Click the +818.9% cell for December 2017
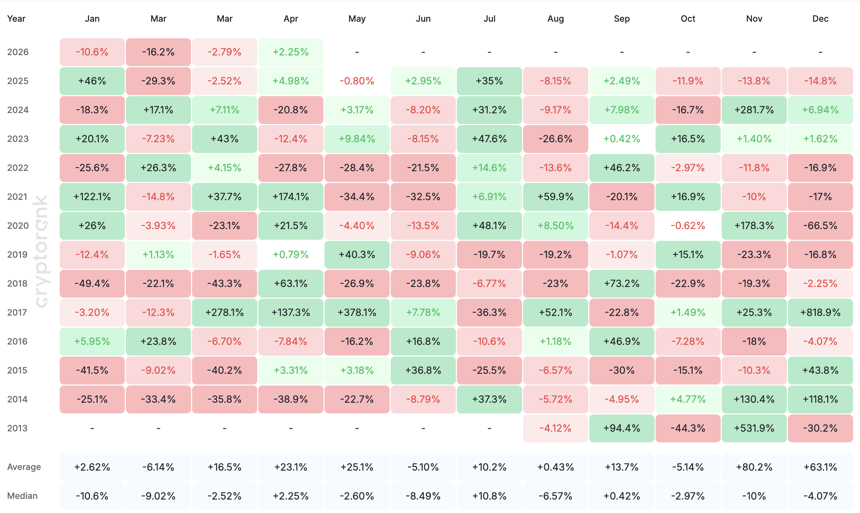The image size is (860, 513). pyautogui.click(x=820, y=312)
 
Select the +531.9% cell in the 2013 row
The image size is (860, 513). pyautogui.click(x=754, y=428)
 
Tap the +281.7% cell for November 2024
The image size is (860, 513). pyautogui.click(x=754, y=110)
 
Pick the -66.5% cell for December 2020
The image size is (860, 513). pyautogui.click(x=820, y=226)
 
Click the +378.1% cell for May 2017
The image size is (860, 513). pyautogui.click(x=357, y=312)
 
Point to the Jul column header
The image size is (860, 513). pyautogui.click(x=489, y=19)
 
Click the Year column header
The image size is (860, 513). pyautogui.click(x=16, y=19)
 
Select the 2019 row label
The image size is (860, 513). pyautogui.click(x=17, y=255)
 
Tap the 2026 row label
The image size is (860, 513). pyautogui.click(x=18, y=52)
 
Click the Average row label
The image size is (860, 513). pyautogui.click(x=24, y=467)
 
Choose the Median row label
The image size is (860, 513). pyautogui.click(x=22, y=496)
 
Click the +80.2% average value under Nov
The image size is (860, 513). pyautogui.click(x=754, y=468)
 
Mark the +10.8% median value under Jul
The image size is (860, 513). pyautogui.click(x=489, y=496)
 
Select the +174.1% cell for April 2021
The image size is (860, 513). pyautogui.click(x=291, y=197)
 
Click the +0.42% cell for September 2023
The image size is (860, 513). pyautogui.click(x=622, y=139)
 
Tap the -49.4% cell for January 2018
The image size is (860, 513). pyautogui.click(x=92, y=284)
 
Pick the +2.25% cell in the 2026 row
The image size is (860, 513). pyautogui.click(x=291, y=52)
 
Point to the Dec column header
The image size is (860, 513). pyautogui.click(x=820, y=19)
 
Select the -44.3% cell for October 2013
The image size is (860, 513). pyautogui.click(x=688, y=428)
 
